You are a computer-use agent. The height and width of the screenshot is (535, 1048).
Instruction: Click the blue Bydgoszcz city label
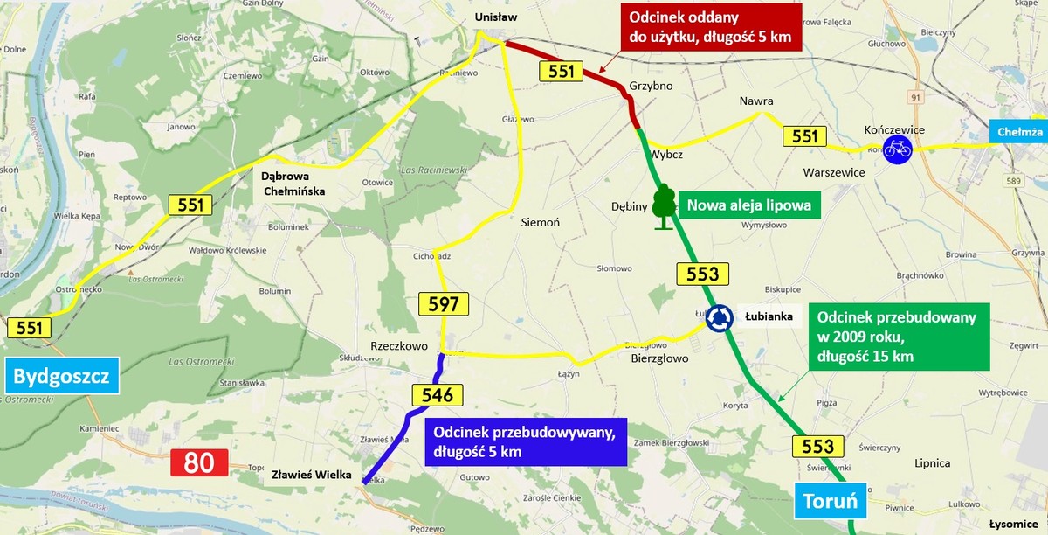[61, 378]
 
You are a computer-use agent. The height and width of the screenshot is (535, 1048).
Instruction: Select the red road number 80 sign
[199, 462]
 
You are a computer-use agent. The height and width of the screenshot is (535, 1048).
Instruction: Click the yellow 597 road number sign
[444, 304]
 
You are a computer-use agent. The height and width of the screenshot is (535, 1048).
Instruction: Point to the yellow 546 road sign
[437, 395]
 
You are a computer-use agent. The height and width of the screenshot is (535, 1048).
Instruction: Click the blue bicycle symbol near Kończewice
[897, 149]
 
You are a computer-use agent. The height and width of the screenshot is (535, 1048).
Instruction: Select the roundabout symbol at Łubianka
[720, 318]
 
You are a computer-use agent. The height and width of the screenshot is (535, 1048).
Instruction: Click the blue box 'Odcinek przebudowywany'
[526, 441]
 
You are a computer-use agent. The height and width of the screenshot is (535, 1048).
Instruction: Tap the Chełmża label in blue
[1019, 132]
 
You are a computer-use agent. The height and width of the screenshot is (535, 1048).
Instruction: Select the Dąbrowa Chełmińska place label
[293, 183]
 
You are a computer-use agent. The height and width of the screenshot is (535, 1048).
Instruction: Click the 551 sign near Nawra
[804, 135]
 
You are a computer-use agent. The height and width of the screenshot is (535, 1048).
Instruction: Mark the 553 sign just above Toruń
[817, 447]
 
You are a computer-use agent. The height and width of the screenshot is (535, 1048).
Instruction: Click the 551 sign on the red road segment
[561, 72]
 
